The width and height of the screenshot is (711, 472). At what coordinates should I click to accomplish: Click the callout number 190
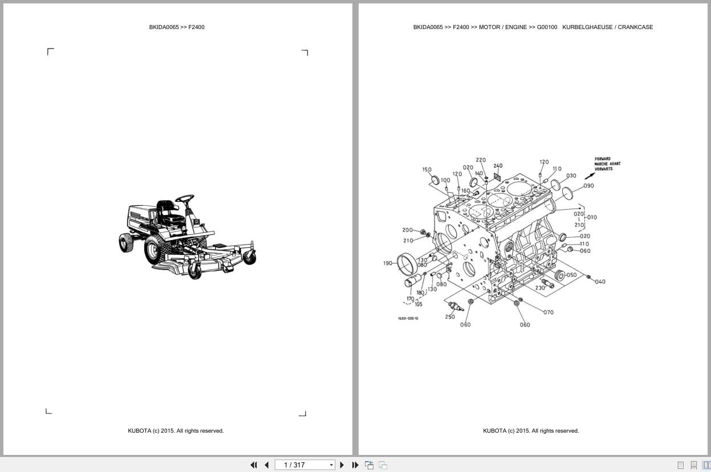pyautogui.click(x=388, y=263)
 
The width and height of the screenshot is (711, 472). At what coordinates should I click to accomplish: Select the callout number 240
pyautogui.click(x=498, y=166)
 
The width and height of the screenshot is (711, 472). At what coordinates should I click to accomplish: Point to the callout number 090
pyautogui.click(x=588, y=186)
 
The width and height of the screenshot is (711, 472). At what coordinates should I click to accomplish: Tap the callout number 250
pyautogui.click(x=450, y=317)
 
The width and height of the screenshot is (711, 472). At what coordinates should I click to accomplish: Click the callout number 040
pyautogui.click(x=600, y=282)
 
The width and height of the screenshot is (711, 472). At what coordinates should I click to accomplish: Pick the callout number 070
pyautogui.click(x=548, y=312)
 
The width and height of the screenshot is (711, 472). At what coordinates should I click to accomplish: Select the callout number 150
pyautogui.click(x=426, y=169)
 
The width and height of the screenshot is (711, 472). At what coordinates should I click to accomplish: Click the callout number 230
pyautogui.click(x=540, y=288)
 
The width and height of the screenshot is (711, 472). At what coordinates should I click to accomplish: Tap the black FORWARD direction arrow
pyautogui.click(x=589, y=176)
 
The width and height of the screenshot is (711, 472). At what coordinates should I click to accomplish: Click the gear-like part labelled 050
pyautogui.click(x=559, y=275)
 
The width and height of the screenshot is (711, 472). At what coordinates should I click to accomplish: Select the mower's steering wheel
pyautogui.click(x=184, y=199)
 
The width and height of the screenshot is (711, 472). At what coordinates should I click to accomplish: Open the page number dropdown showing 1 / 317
pyautogui.click(x=304, y=465)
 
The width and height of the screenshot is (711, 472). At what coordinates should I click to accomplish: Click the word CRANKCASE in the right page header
pyautogui.click(x=635, y=27)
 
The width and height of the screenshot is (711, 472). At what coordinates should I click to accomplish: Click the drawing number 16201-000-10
pyautogui.click(x=408, y=319)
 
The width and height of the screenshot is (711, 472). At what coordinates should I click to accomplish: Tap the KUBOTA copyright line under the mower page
pyautogui.click(x=176, y=431)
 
